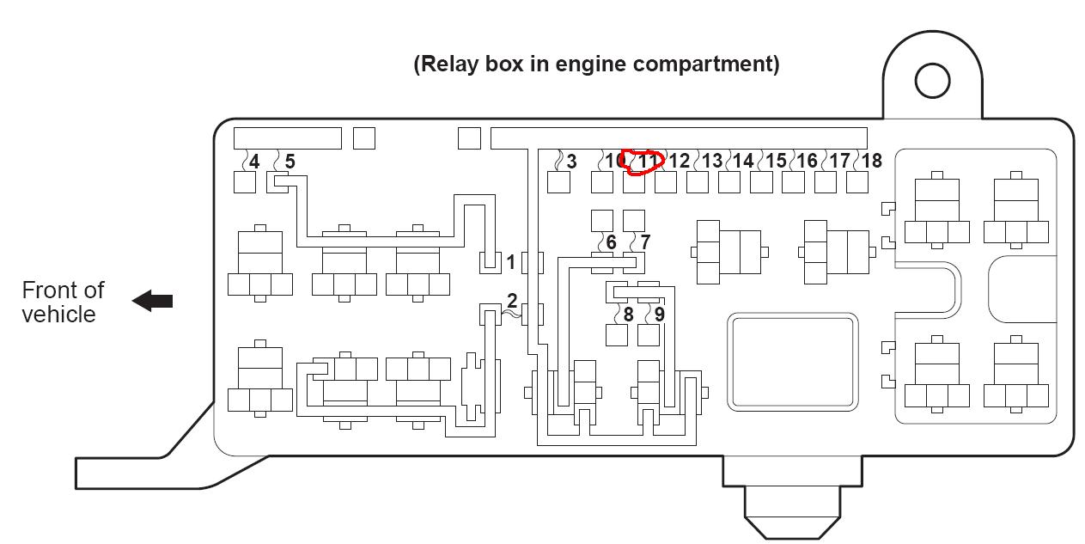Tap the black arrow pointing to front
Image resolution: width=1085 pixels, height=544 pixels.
(153, 301)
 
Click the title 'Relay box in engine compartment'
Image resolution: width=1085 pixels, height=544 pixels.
(596, 64)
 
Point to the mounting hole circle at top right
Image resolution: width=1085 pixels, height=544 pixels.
(932, 81)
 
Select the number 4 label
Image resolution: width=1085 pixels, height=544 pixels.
(253, 161)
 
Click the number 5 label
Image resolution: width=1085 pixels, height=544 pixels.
(290, 161)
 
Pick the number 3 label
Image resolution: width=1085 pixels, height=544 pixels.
(571, 161)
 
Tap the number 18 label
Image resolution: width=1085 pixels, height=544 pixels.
(871, 161)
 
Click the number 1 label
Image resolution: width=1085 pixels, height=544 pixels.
(511, 262)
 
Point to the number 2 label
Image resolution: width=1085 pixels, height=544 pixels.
(512, 301)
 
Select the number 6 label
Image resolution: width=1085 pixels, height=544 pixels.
(611, 242)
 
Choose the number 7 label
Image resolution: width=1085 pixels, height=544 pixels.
(645, 242)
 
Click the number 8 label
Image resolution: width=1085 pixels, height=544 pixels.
(628, 315)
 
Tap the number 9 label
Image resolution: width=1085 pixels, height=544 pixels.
(659, 315)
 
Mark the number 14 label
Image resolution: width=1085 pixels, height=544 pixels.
(743, 161)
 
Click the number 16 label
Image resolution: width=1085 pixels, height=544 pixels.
(807, 161)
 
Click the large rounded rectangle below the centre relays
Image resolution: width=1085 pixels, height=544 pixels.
(793, 361)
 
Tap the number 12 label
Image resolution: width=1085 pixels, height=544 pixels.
(679, 161)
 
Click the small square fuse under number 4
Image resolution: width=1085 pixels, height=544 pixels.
(245, 182)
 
